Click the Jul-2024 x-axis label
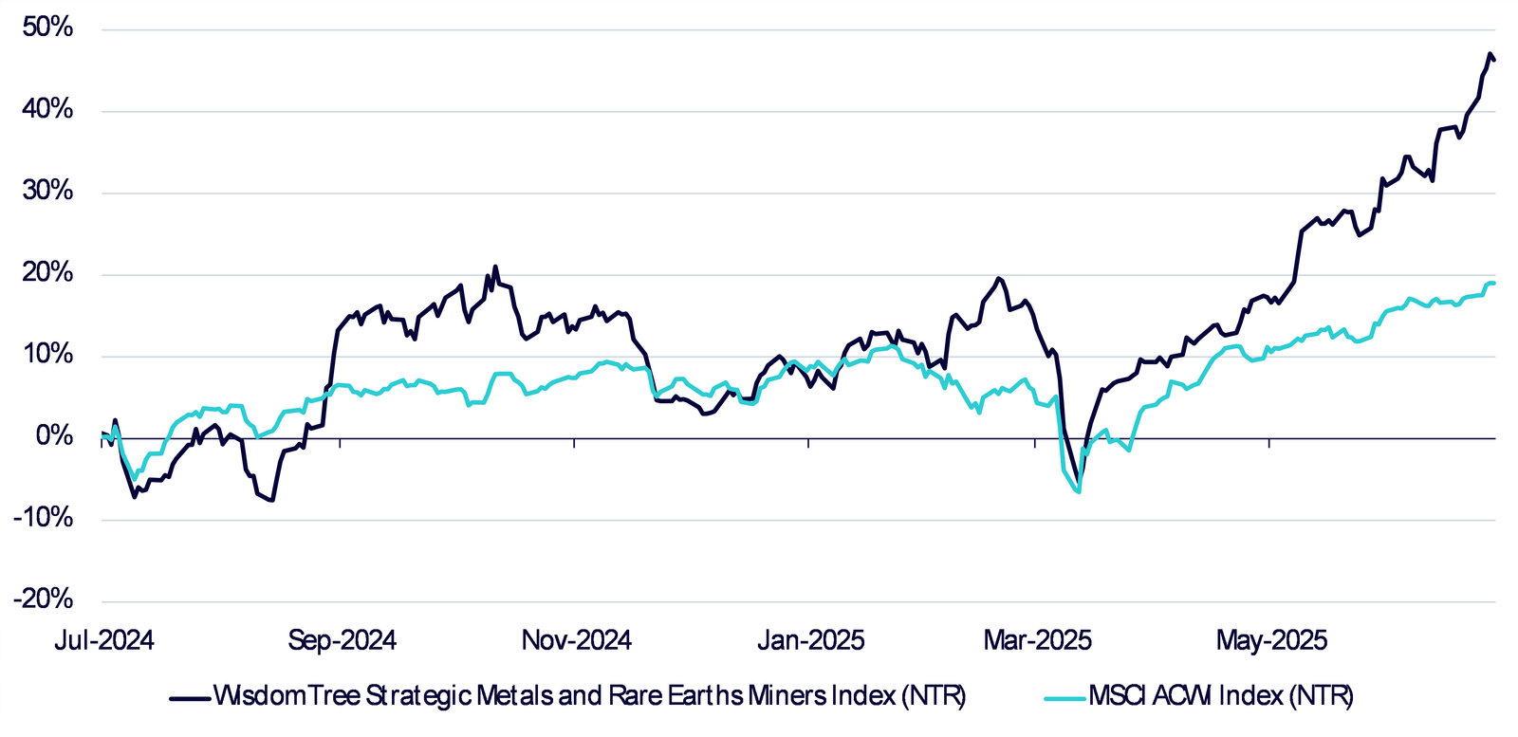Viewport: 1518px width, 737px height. pyautogui.click(x=103, y=641)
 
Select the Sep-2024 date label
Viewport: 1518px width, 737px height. pyautogui.click(x=342, y=641)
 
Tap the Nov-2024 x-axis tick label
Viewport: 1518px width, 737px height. pyautogui.click(x=576, y=641)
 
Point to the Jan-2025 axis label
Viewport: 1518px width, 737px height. pyautogui.click(x=810, y=641)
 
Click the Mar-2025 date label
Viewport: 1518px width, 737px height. pyautogui.click(x=1037, y=641)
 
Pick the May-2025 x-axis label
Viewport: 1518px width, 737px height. pyautogui.click(x=1271, y=641)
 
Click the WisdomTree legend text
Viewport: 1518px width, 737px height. pyautogui.click(x=589, y=696)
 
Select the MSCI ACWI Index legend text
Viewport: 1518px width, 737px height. pyautogui.click(x=1220, y=696)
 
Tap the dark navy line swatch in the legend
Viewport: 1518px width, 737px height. pyautogui.click(x=189, y=698)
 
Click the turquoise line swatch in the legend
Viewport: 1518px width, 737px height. pyautogui.click(x=1064, y=698)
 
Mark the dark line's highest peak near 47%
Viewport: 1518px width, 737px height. pyautogui.click(x=1490, y=54)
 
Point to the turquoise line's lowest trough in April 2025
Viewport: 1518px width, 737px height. pyautogui.click(x=1080, y=491)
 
